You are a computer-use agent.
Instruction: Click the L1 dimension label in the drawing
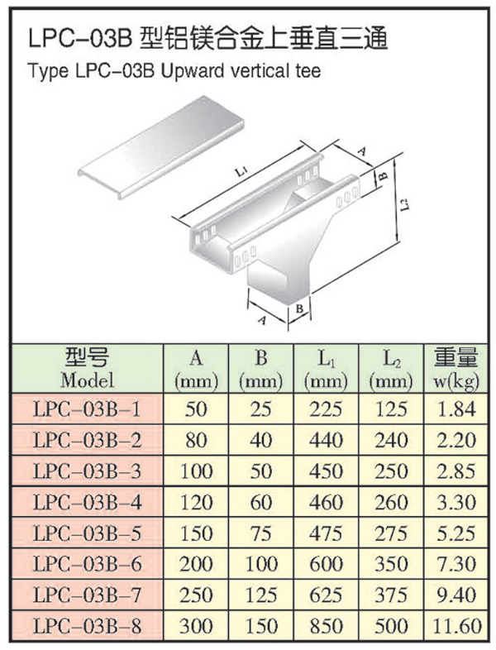point(241,171)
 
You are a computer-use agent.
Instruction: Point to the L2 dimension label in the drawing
point(407,204)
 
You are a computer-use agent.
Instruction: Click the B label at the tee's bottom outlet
point(300,308)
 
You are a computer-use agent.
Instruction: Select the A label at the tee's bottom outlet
point(262,320)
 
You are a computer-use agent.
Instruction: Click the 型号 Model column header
point(87,368)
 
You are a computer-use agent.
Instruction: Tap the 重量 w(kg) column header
point(455,369)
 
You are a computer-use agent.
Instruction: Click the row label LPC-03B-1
point(87,409)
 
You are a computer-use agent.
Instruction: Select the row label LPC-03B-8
point(87,625)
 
